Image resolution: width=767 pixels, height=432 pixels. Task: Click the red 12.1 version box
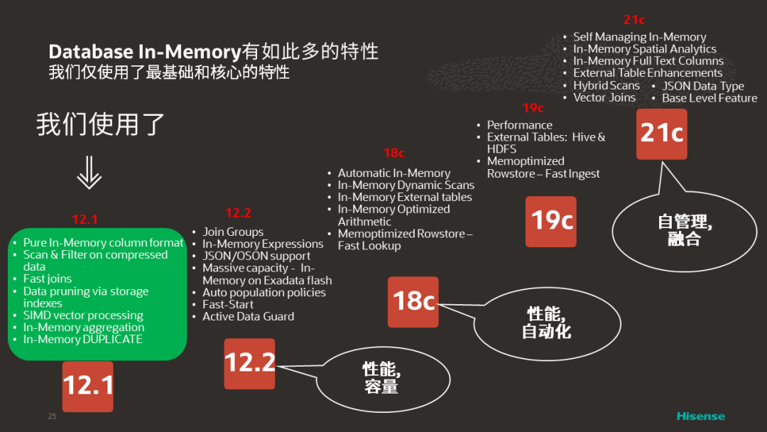[x=87, y=386]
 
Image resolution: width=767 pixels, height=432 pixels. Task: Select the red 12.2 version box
[x=249, y=363]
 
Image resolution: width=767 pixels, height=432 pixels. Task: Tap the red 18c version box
[x=413, y=301]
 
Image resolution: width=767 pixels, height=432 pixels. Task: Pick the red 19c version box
[x=552, y=221]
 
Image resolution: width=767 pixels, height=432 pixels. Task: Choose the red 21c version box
[x=661, y=134]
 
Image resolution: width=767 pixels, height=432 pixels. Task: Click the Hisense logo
[x=700, y=416]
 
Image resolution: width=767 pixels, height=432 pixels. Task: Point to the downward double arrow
[x=88, y=173]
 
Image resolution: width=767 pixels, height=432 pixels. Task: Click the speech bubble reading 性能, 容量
[x=381, y=377]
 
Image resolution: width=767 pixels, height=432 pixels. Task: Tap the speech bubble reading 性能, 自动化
[x=546, y=323]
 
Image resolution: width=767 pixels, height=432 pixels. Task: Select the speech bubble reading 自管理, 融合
[x=684, y=230]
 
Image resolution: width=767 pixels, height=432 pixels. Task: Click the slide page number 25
[x=52, y=416]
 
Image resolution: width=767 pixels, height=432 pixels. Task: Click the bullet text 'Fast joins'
[x=48, y=279]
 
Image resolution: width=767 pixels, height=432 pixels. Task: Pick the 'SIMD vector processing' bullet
[x=83, y=315]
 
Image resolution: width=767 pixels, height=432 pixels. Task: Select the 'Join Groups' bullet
[x=233, y=232]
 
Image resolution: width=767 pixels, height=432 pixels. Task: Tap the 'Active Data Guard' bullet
[x=248, y=316]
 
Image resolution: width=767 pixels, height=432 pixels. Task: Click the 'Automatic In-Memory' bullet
[x=393, y=173]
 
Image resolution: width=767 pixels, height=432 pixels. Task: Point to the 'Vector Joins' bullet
[x=604, y=97]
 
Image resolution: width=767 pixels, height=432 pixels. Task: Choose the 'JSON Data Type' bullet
[x=702, y=86]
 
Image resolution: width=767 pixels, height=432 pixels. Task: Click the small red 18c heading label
[x=394, y=153]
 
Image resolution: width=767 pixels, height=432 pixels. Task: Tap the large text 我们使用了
[x=101, y=125]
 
